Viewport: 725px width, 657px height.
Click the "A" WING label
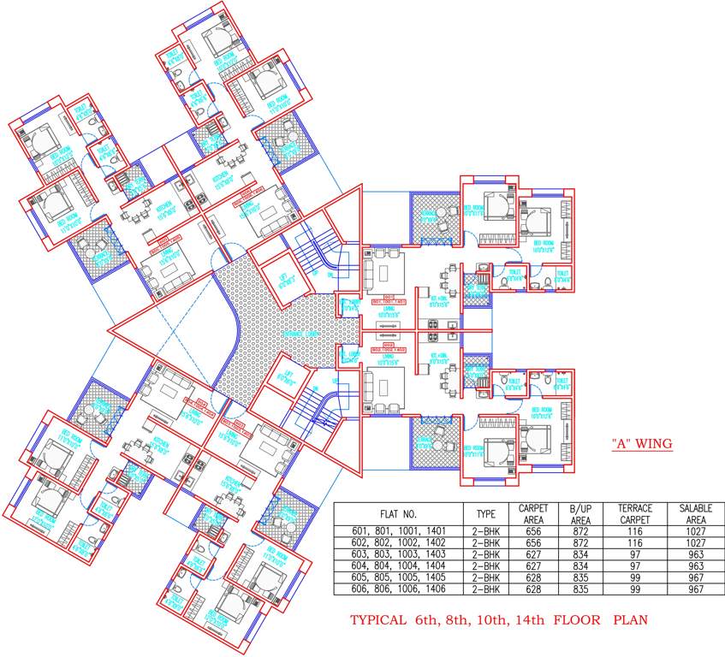642,443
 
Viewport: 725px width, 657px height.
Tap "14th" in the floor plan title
528,622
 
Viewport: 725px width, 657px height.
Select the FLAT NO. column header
397,514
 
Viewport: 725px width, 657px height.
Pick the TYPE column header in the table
485,514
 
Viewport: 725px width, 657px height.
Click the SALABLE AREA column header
695,514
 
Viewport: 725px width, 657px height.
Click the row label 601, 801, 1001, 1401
397,531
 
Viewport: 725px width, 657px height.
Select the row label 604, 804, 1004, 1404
397,566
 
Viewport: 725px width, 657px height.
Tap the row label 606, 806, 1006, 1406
397,589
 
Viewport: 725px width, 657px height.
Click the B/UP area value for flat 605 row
580,577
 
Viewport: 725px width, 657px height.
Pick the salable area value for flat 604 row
695,566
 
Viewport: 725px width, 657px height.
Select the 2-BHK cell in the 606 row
485,589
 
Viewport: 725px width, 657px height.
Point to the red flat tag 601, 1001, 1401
388,301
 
